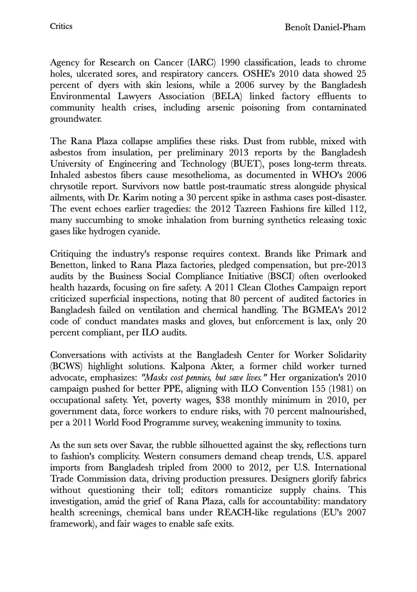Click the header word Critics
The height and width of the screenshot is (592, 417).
(x=61, y=27)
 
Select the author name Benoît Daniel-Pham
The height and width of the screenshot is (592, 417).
(x=325, y=28)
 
